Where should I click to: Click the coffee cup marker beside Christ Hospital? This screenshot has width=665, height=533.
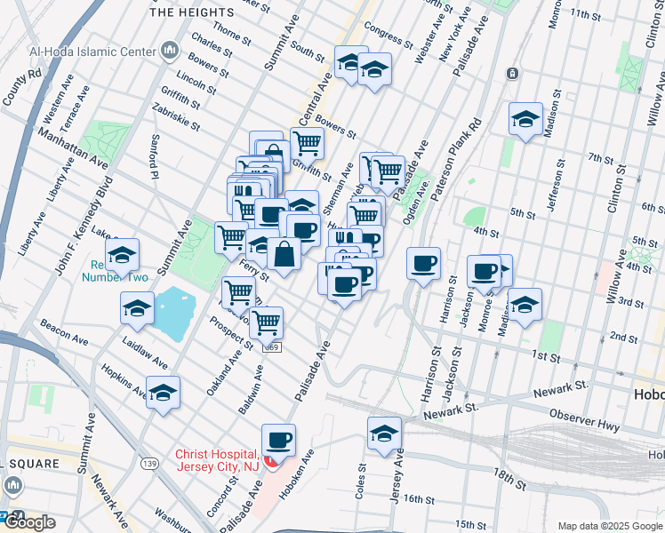(x=278, y=440)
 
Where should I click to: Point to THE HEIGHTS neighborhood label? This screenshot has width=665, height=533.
(x=192, y=12)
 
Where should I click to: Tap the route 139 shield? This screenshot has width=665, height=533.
(x=149, y=464)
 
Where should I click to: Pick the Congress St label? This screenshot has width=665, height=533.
(x=389, y=36)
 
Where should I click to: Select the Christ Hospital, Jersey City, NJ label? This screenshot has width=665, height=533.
(x=218, y=460)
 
